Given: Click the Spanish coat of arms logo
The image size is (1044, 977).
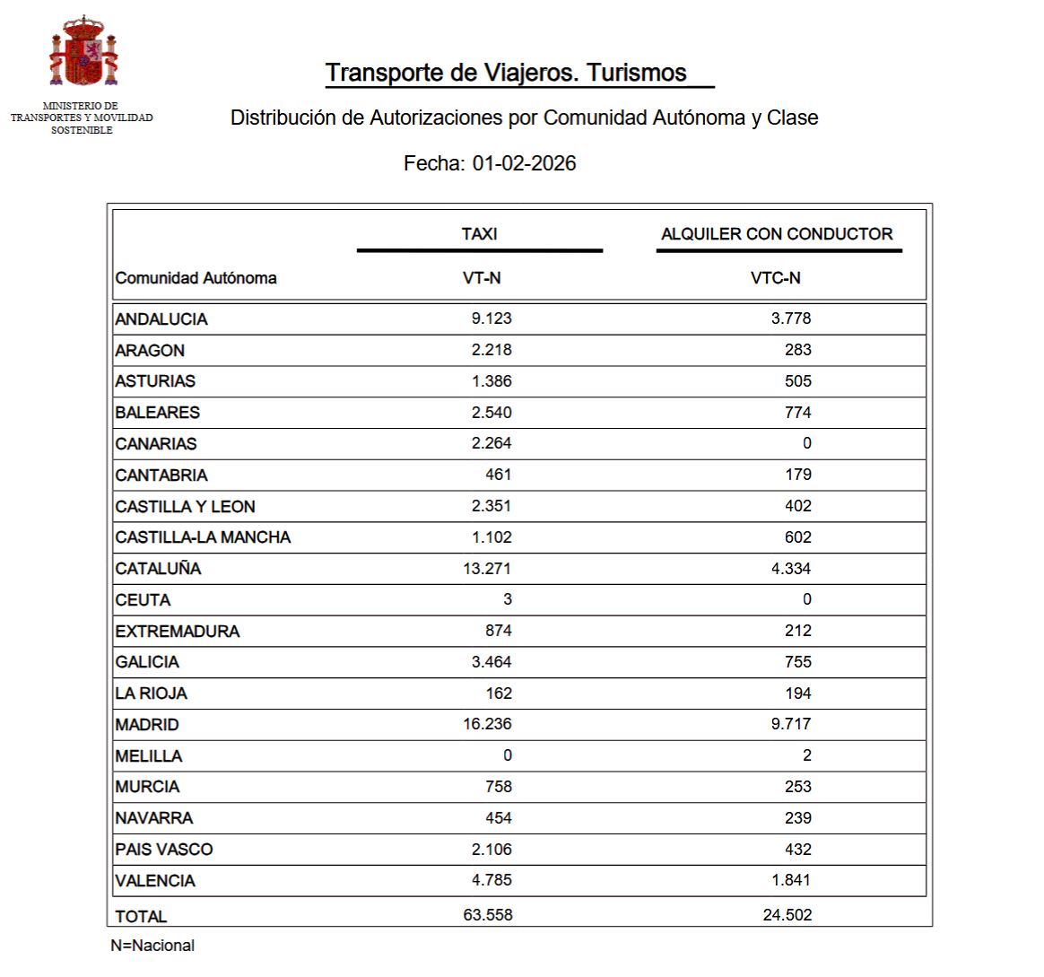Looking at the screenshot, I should coord(83,53).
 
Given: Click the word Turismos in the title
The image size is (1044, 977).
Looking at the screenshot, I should coord(637,73).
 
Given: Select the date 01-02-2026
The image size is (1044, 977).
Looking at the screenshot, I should coord(524,163).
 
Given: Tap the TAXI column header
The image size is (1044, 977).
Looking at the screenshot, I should coord(479,234).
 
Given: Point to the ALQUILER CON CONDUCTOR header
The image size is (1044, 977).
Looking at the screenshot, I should coord(777,234).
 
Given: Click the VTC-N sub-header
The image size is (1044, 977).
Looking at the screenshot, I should coord(775,278).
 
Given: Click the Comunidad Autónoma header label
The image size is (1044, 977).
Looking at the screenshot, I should coord(196,278).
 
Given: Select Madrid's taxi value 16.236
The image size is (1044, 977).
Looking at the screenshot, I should coord(487,724).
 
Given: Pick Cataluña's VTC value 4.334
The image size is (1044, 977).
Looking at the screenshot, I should coord(790,568).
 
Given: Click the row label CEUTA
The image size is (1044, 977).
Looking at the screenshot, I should coord(143,600).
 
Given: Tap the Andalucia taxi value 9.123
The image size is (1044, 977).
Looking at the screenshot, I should coord(492,318).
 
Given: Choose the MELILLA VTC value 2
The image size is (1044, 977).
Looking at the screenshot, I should coord(806,755).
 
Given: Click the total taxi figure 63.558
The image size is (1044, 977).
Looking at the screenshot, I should coord(488,915).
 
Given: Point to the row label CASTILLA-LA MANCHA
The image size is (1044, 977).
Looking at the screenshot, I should coord(203,537).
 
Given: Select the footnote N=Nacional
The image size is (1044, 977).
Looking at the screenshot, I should coord(152,946).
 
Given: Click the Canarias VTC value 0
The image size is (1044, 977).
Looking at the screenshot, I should coord(806,443).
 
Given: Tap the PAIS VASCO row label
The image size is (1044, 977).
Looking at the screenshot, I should coord(164,850).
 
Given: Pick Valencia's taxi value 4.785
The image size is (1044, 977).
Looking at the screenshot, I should coord(492,880).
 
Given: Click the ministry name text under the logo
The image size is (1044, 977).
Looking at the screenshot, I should coord(82,118).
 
